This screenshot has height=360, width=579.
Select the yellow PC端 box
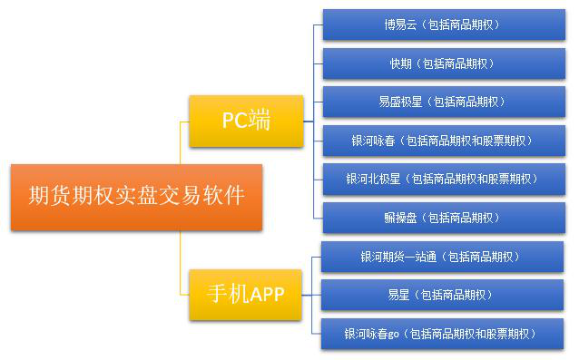(246, 121)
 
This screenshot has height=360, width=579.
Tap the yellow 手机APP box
(246, 294)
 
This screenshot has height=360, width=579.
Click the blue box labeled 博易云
(443, 24)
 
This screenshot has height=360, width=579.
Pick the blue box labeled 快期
(443, 63)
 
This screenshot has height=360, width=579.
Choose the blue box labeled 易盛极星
(443, 102)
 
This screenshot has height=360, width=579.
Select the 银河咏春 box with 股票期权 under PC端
(443, 141)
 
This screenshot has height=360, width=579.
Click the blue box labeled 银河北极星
(443, 179)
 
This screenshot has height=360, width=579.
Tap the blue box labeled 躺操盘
(443, 218)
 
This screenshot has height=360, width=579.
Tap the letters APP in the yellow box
(266, 294)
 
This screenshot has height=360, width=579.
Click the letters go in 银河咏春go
(393, 334)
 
